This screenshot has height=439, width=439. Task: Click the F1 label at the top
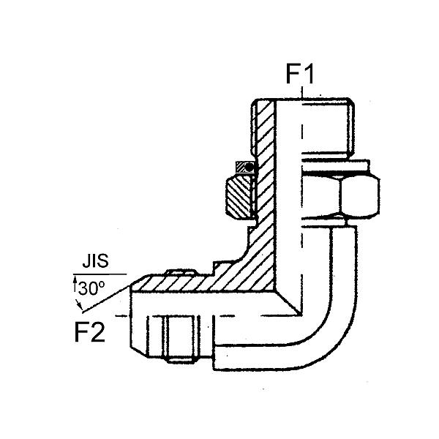click(299, 74)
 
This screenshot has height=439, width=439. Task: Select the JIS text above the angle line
click(95, 260)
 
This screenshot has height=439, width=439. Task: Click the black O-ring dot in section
click(249, 168)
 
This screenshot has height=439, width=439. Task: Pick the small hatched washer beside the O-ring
click(240, 167)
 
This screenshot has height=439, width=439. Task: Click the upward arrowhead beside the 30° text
click(75, 279)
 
